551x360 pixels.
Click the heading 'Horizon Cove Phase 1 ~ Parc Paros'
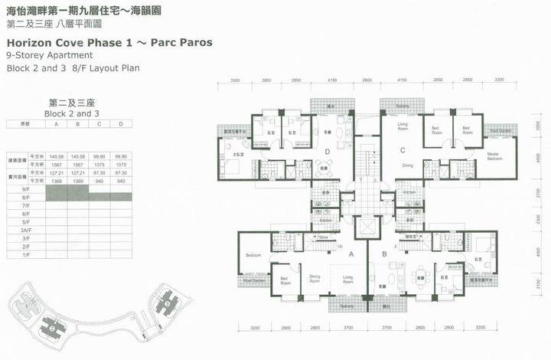click(x=109, y=43)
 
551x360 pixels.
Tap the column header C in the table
click(x=99, y=123)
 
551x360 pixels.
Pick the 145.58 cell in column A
click(x=57, y=156)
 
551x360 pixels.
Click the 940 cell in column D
click(x=120, y=181)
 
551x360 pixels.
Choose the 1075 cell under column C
click(x=99, y=165)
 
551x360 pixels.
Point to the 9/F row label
click(x=25, y=188)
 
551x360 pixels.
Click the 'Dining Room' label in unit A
click(x=315, y=279)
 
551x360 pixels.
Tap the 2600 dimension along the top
click(x=367, y=80)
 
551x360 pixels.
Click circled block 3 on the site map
click(x=165, y=304)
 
